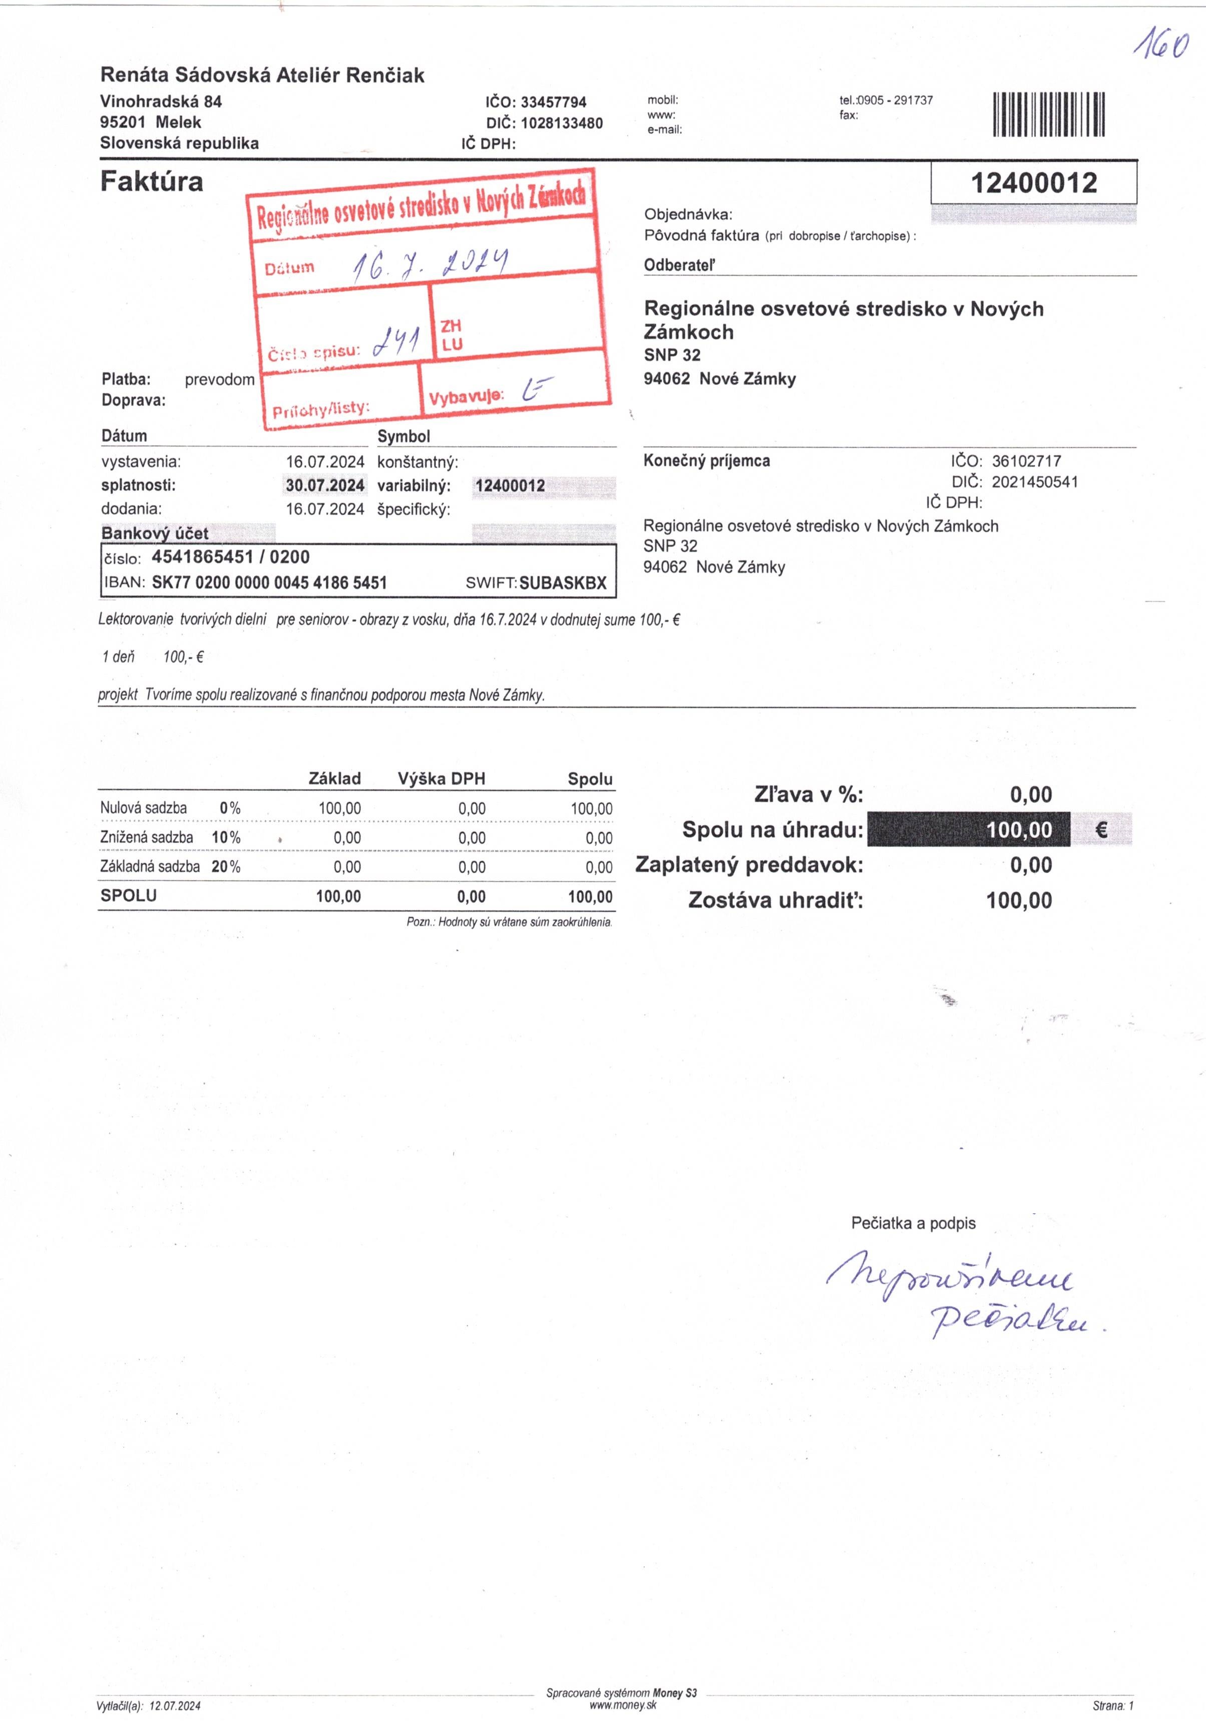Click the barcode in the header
point(1049,114)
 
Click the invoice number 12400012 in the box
point(1034,183)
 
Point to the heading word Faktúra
point(151,181)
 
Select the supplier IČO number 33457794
point(553,102)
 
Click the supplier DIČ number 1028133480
point(561,123)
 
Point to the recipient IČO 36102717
point(1026,461)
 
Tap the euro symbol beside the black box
point(1100,830)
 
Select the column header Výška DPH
point(442,779)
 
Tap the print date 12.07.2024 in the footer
point(175,1706)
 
